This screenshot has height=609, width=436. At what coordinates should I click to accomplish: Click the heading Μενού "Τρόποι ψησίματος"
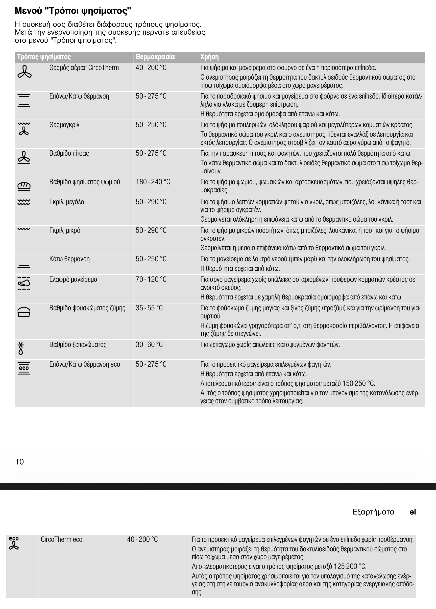(73, 11)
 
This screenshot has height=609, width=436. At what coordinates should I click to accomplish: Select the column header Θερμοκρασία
(155, 57)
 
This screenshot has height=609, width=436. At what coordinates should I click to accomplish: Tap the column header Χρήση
(209, 57)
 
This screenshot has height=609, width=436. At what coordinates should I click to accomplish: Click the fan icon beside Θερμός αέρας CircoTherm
(25, 72)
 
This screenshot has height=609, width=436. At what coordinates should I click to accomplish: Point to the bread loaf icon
(24, 186)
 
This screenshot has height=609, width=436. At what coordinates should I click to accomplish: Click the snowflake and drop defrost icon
(21, 348)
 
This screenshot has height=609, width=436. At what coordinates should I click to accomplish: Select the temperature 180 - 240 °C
(153, 182)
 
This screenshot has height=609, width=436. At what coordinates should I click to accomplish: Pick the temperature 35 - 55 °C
(149, 308)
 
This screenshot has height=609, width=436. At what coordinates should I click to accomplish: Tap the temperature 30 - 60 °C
(149, 344)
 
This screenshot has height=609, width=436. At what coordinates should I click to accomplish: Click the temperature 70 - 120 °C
(151, 279)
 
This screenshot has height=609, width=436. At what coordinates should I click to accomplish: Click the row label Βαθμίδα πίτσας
(69, 153)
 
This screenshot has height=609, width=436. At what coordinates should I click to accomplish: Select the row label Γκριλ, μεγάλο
(67, 202)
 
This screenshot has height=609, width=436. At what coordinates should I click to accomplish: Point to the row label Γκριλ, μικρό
(65, 230)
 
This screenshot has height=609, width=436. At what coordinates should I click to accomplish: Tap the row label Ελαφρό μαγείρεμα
(73, 279)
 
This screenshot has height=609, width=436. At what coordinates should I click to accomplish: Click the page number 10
(20, 462)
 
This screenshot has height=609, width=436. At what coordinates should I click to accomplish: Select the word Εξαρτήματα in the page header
(373, 512)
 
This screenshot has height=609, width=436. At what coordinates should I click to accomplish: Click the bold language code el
(413, 512)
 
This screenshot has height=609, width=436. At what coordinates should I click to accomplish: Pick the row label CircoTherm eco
(61, 539)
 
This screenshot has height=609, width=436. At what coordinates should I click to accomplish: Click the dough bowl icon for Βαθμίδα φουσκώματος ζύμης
(24, 312)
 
